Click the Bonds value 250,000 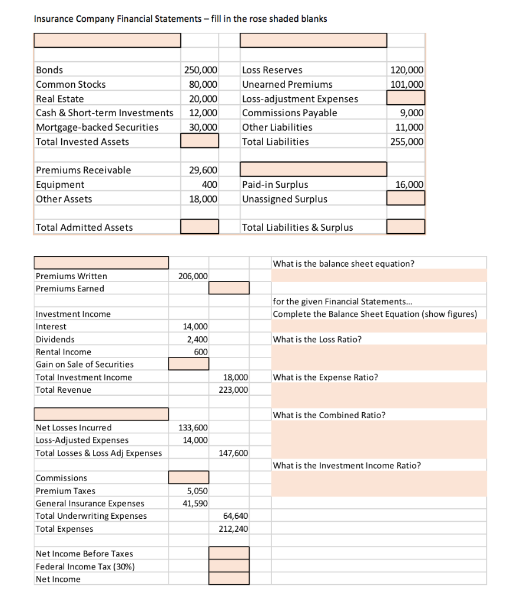[x=201, y=70]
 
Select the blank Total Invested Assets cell [x=200, y=141]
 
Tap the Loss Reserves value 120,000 [x=406, y=70]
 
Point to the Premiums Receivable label [x=84, y=170]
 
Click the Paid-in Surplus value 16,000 [x=409, y=184]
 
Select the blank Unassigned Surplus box [x=406, y=198]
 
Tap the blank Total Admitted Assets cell [x=200, y=227]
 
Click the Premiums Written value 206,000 [x=193, y=276]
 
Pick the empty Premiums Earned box [x=229, y=288]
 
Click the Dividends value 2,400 [x=197, y=339]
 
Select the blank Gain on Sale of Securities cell [x=188, y=364]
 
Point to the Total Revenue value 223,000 [x=236, y=390]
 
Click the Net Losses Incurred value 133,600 [x=193, y=428]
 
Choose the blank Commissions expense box [x=188, y=478]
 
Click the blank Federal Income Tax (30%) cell [x=229, y=566]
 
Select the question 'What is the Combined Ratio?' [x=329, y=415]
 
